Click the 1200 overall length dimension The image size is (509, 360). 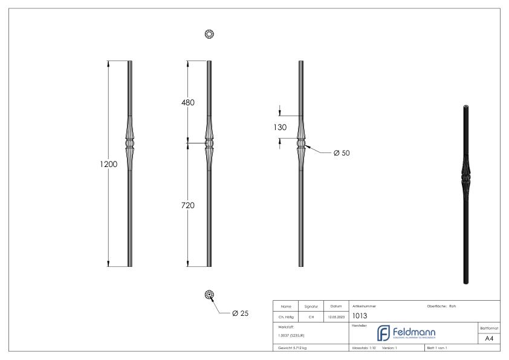pyautogui.click(x=108, y=164)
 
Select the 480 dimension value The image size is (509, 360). pyautogui.click(x=188, y=102)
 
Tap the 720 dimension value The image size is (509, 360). pyautogui.click(x=188, y=206)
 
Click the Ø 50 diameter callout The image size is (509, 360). pyautogui.click(x=342, y=153)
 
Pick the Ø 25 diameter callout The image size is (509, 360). pyautogui.click(x=240, y=313)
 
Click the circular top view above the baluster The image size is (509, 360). pyautogui.click(x=209, y=34)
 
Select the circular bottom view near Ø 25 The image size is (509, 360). pyautogui.click(x=209, y=295)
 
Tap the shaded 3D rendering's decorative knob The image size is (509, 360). pyautogui.click(x=467, y=180)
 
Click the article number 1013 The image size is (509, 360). pyautogui.click(x=360, y=316)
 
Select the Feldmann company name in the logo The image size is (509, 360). pyautogui.click(x=417, y=333)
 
